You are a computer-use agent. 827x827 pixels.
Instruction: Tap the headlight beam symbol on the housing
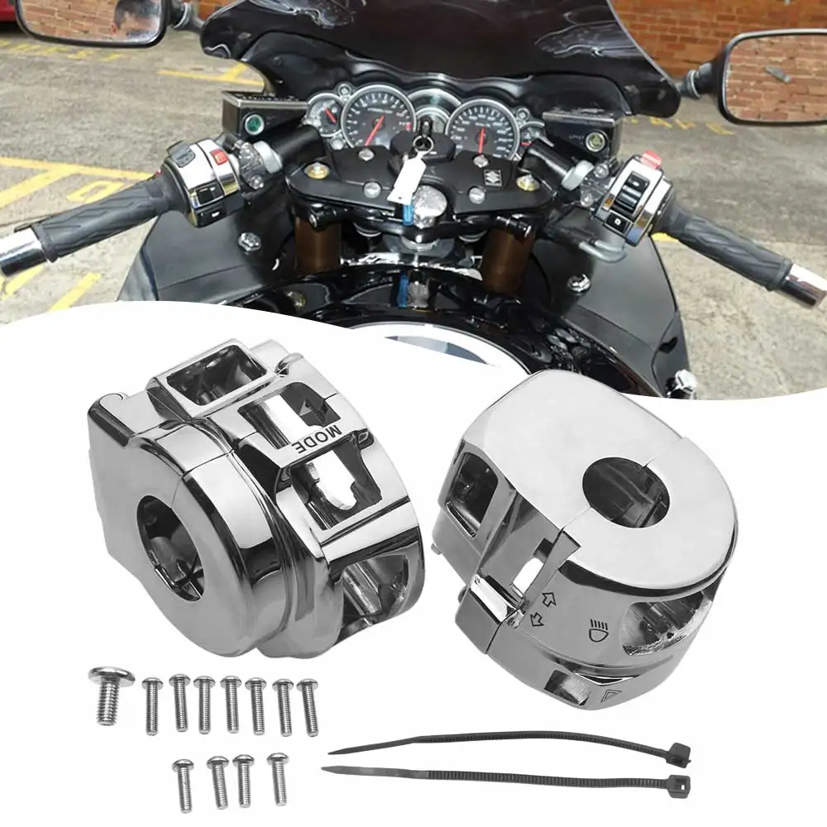pyautogui.click(x=598, y=629)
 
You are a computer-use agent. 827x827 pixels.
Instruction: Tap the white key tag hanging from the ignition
pyautogui.click(x=405, y=179)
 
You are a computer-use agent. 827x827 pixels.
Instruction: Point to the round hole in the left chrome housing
pyautogui.click(x=170, y=546)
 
